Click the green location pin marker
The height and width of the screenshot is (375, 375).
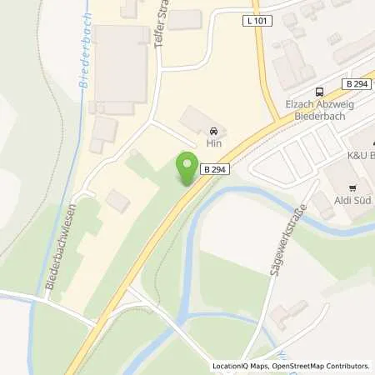[x=187, y=167]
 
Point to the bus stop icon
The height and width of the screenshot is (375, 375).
[x=318, y=92]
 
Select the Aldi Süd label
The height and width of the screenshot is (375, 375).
[x=353, y=201]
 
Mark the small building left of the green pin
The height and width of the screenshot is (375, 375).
[x=117, y=200]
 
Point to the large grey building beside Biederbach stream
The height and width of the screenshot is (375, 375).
[x=121, y=67]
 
